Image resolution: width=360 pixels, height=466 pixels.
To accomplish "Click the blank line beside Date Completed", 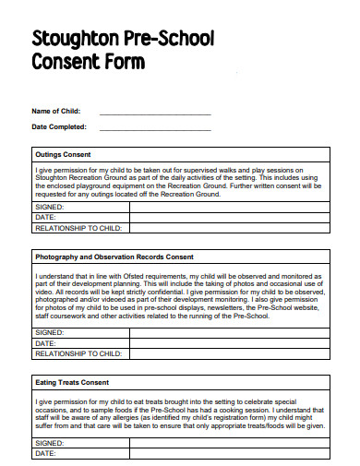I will (154, 127).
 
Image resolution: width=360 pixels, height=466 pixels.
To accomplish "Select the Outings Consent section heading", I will (63, 154).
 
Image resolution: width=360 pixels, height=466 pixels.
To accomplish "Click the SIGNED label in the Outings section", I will (50, 208).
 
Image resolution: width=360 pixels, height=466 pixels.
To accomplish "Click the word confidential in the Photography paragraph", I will (153, 293).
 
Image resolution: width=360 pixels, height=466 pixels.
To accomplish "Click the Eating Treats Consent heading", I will (71, 381).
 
